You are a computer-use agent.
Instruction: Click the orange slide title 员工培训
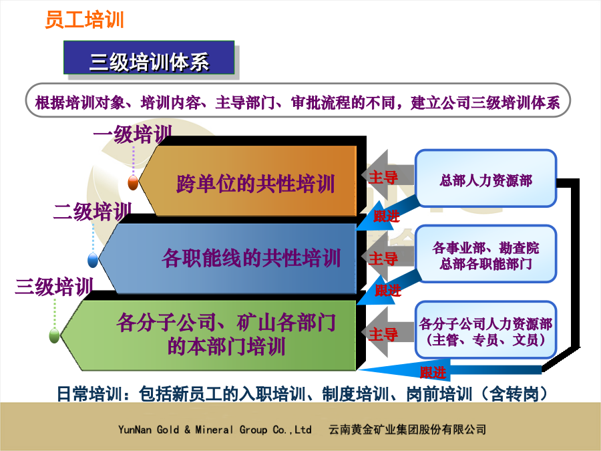coord(84,19)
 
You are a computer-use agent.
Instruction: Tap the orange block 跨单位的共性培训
coord(248,180)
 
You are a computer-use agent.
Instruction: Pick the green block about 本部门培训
coord(208,335)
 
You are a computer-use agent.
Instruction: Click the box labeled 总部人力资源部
coord(485,178)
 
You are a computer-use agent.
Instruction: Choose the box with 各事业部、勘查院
coord(485,255)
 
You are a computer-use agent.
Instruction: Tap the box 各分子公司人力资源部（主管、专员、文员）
coord(485,331)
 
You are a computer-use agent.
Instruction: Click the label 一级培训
coord(133,134)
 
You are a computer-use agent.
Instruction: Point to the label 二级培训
coord(92,211)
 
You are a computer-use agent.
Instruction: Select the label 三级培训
coord(54,287)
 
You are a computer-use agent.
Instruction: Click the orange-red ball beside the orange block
coord(133,182)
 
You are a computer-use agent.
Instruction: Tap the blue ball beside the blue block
coord(93,260)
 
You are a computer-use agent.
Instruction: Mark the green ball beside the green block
coord(55,336)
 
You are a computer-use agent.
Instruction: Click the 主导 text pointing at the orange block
coord(383,178)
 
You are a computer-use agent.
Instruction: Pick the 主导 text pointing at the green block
coord(383,335)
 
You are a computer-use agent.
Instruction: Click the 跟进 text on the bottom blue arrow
coord(433,372)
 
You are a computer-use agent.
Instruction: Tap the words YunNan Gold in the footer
coord(149,430)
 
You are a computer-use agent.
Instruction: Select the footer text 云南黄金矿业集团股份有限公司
coord(407,430)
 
